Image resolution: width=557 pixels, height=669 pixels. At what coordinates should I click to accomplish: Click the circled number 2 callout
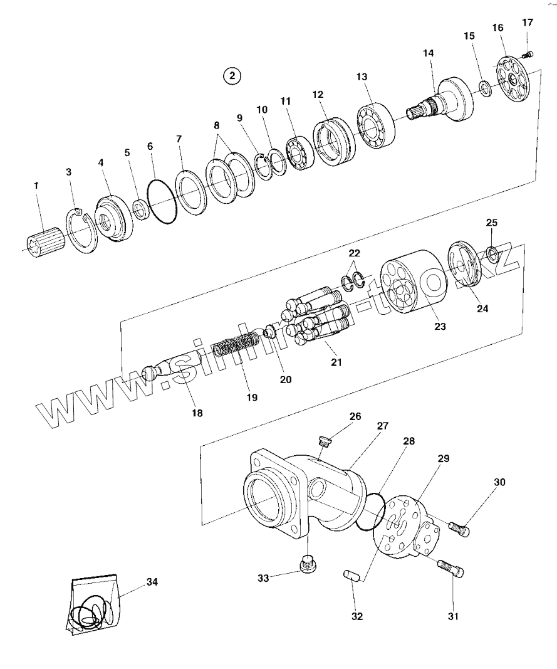tap(232, 76)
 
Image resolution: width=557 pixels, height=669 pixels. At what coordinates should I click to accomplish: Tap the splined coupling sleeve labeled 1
tap(45, 244)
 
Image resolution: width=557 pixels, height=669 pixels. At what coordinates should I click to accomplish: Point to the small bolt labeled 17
tap(528, 55)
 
